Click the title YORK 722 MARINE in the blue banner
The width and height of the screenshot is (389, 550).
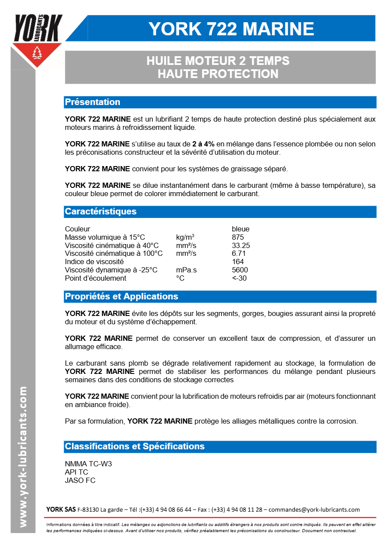pos(231,29)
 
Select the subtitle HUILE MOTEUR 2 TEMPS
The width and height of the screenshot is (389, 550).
pos(218,61)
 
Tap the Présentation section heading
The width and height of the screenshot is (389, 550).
pos(92,102)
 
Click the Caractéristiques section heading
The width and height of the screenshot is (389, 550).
pos(101,211)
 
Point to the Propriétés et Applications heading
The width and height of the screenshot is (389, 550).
pos(121,296)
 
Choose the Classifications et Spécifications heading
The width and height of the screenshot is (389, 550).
pos(134,446)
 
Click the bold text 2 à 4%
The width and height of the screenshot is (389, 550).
pos(203,144)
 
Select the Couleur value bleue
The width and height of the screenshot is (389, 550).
pos(241,229)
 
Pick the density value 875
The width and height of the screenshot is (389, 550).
pos(238,237)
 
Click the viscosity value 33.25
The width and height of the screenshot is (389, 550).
pos(241,245)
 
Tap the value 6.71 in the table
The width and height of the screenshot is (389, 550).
pos(239,253)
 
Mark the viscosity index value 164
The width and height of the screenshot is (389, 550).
pos(238,261)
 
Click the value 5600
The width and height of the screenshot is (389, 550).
pos(240,270)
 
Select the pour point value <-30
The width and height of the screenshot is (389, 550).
pos(239,278)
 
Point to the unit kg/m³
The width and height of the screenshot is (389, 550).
pos(185,237)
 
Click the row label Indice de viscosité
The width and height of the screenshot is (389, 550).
pos(94,261)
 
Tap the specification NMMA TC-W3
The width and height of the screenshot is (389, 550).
pos(88,464)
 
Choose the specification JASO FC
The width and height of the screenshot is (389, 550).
pos(80,480)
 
